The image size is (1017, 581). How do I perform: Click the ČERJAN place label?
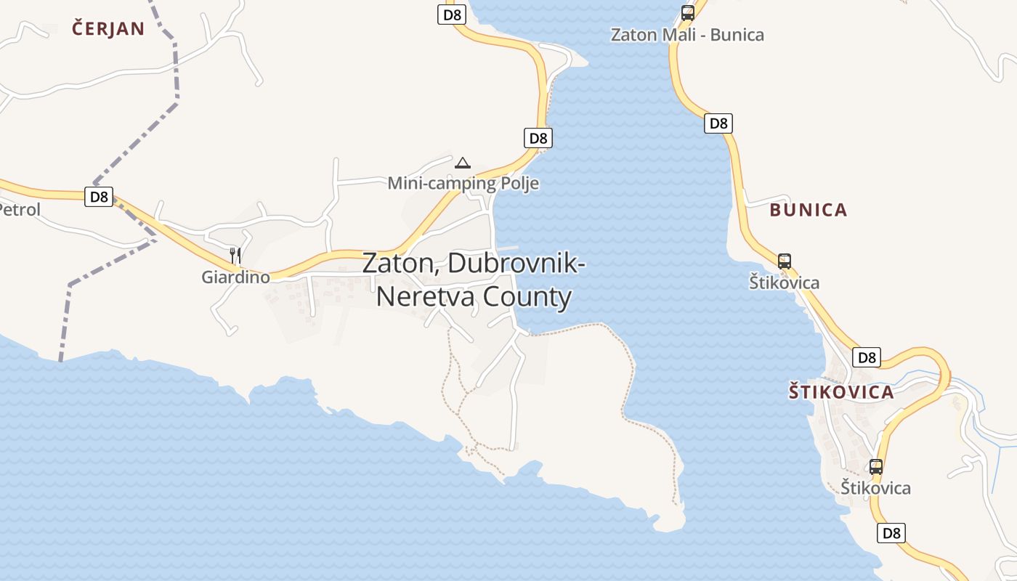click(x=108, y=29)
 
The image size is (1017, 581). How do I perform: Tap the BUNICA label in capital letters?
click(x=809, y=210)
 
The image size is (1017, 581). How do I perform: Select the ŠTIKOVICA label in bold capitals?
click(x=841, y=392)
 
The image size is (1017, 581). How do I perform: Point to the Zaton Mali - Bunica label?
click(x=687, y=35)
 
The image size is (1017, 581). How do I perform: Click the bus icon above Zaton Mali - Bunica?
click(x=687, y=13)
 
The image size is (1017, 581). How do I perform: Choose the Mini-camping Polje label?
click(x=463, y=183)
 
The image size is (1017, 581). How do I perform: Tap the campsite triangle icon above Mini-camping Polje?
click(x=463, y=163)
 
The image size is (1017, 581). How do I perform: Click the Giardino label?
click(x=235, y=277)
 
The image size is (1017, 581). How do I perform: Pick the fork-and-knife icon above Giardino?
click(x=235, y=255)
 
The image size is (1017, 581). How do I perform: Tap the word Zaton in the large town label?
click(x=398, y=263)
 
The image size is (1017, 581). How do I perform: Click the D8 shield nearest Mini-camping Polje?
click(x=538, y=138)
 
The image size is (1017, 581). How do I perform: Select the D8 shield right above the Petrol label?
click(x=99, y=196)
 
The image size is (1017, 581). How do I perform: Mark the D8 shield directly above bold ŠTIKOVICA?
click(x=867, y=357)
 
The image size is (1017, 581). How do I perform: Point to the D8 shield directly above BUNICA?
click(x=718, y=123)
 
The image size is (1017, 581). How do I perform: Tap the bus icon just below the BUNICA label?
click(x=785, y=261)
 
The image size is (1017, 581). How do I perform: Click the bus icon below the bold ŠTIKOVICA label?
click(x=876, y=467)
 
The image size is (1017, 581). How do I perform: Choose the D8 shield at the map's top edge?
click(x=451, y=14)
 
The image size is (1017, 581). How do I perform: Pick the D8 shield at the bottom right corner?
click(x=891, y=533)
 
